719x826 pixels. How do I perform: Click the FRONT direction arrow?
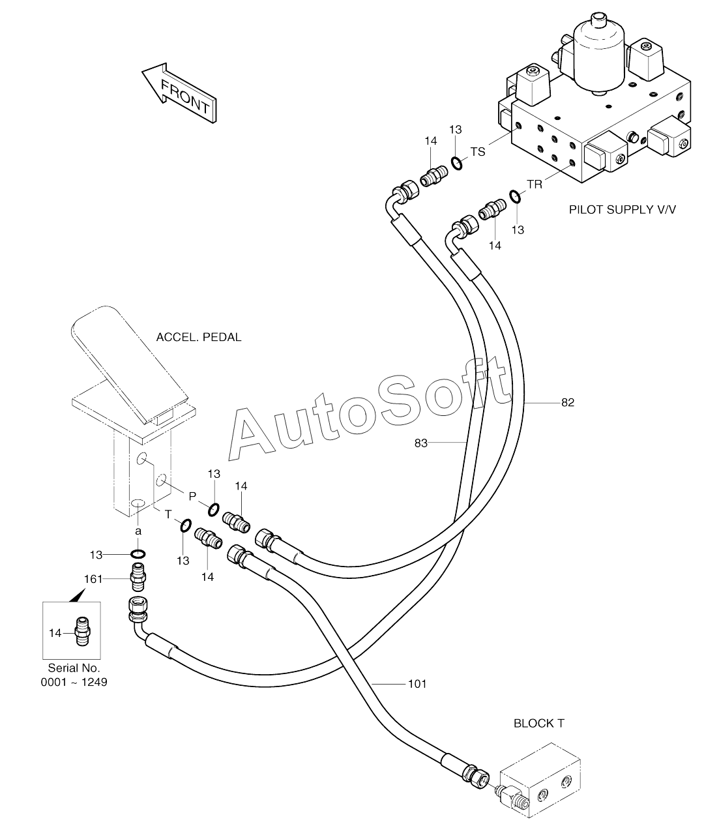click(179, 93)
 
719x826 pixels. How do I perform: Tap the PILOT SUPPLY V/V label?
click(622, 210)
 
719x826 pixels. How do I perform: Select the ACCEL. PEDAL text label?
click(199, 337)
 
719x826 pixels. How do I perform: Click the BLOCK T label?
click(538, 724)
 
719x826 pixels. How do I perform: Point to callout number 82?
click(568, 402)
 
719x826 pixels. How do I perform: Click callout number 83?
click(420, 443)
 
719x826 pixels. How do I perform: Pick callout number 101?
click(417, 684)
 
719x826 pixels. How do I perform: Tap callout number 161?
click(93, 580)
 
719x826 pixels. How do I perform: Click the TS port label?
click(478, 152)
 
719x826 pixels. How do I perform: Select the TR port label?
click(535, 184)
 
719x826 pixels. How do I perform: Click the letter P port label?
click(192, 496)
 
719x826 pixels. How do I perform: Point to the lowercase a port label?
click(138, 531)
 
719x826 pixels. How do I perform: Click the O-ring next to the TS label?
click(456, 164)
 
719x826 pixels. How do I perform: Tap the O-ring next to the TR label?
click(514, 196)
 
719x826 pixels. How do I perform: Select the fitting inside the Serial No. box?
click(82, 632)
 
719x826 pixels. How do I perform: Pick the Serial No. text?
click(74, 668)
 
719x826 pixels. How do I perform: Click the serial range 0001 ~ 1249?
click(74, 683)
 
